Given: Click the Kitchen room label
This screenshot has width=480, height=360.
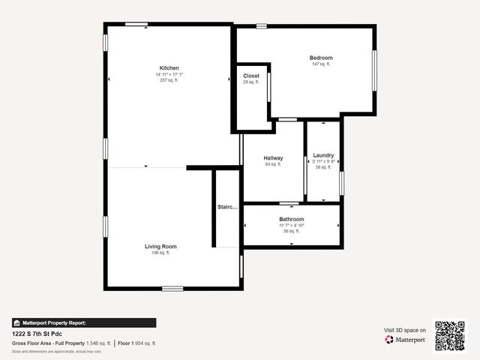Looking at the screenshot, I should click(x=169, y=68).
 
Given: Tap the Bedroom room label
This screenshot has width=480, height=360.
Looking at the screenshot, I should click(x=321, y=58).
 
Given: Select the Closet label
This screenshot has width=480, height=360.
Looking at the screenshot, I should click(x=251, y=76).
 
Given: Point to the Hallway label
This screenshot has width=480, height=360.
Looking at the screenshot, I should click(x=273, y=158).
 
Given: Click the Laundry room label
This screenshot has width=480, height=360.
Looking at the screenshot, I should click(x=323, y=155).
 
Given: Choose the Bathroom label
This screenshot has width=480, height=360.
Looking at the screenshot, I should click(x=292, y=219).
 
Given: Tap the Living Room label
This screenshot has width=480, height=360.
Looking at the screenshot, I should click(x=160, y=246).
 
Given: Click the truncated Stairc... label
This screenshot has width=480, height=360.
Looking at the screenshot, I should click(x=228, y=207).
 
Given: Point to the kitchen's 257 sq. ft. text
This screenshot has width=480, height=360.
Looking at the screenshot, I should click(x=169, y=80).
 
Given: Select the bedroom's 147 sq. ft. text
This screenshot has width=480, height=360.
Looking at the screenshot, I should click(x=321, y=64).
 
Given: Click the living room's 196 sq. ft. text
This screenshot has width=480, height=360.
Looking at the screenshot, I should click(x=160, y=253).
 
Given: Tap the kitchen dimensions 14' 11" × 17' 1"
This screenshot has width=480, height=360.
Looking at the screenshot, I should click(x=169, y=74).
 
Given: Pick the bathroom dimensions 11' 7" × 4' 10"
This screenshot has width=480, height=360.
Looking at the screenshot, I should click(x=292, y=225).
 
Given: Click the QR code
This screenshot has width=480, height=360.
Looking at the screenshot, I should click(x=450, y=336).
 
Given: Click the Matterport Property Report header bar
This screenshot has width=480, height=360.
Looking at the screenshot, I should click(x=84, y=322).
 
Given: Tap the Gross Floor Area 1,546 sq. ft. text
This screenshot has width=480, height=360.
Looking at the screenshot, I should click(x=61, y=343).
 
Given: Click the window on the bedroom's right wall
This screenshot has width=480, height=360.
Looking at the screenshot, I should click(x=374, y=70).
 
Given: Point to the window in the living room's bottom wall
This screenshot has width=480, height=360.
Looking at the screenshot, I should click(x=172, y=288).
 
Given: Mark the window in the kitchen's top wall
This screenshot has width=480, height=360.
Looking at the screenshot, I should click(x=136, y=25).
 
